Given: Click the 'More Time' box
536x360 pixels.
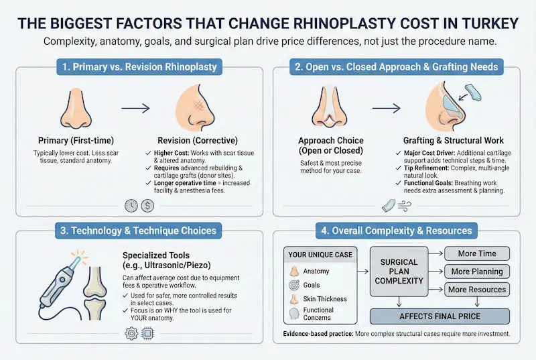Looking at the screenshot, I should [478, 253].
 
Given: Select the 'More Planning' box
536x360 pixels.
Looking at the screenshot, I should [478, 272].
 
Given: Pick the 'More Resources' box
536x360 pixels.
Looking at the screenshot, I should [478, 290].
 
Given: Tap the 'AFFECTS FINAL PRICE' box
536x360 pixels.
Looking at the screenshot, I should [440, 316].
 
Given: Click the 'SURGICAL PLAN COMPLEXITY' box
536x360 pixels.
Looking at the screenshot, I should [399, 271].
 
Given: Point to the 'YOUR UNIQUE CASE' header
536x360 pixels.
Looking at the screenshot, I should [321, 255].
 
